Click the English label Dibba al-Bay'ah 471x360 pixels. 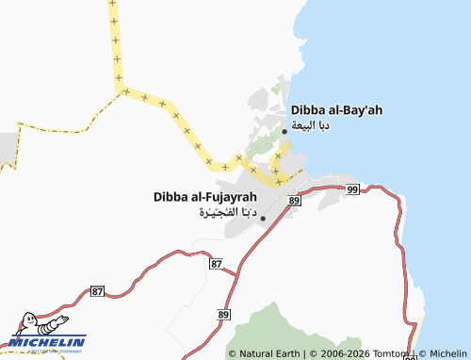(336, 110)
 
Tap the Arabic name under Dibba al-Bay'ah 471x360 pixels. (310, 125)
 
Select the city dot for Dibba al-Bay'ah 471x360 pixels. (285, 131)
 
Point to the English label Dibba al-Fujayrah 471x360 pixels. (204, 197)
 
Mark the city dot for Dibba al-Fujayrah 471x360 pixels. (263, 219)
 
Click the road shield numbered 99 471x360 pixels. (352, 190)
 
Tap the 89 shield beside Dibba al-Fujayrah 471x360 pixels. (295, 201)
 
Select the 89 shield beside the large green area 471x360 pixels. (223, 314)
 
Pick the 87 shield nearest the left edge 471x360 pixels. (98, 292)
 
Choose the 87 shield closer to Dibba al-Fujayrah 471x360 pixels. (217, 264)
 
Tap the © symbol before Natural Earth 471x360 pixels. (233, 353)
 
